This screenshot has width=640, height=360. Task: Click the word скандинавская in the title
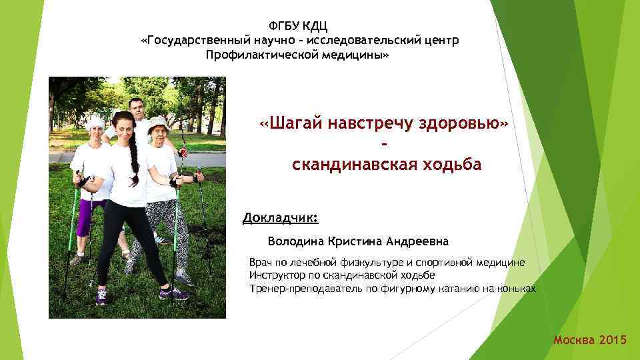pyautogui.click(x=358, y=165)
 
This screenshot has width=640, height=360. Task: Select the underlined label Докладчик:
pyautogui.click(x=281, y=218)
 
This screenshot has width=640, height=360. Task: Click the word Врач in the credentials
pyautogui.click(x=261, y=263)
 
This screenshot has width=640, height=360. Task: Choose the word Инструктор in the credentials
pyautogui.click(x=277, y=275)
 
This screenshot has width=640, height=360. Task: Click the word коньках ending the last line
pyautogui.click(x=516, y=288)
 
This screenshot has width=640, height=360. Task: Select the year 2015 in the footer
pyautogui.click(x=613, y=341)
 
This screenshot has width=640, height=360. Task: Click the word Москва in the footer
pyautogui.click(x=574, y=341)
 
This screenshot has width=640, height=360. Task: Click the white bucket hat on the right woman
pyautogui.click(x=158, y=121)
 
